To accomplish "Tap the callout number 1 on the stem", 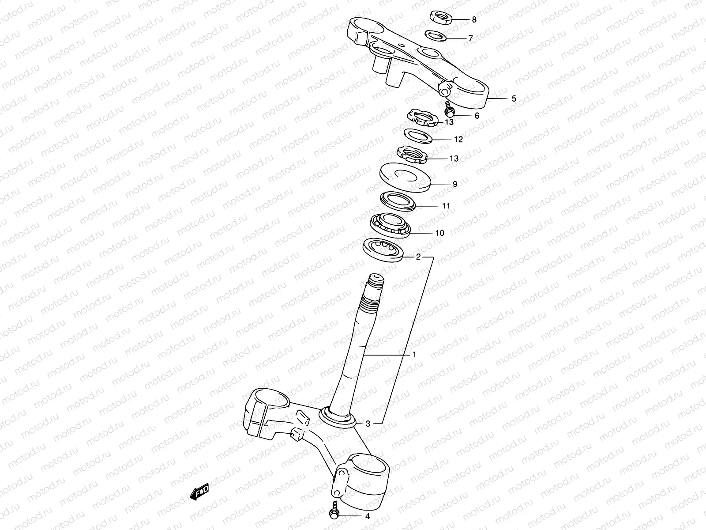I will click(x=414, y=354).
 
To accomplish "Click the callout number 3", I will click(x=368, y=424).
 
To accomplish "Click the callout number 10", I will click(x=439, y=233).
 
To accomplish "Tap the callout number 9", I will click(x=455, y=184).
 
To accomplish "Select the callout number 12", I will click(x=458, y=140).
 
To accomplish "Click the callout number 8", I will click(x=474, y=19).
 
